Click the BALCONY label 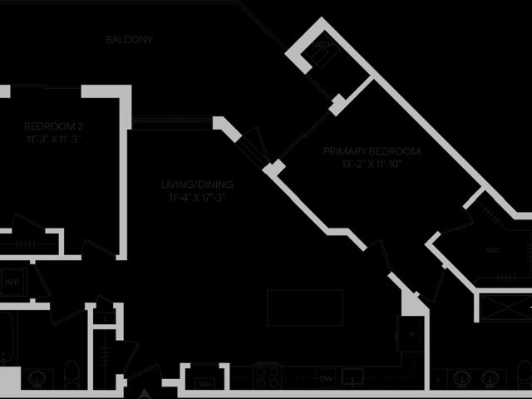(x=129, y=40)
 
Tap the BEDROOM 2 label (x=53, y=126)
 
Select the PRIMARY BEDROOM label (x=371, y=152)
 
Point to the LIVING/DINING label (x=197, y=185)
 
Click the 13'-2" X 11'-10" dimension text (x=371, y=164)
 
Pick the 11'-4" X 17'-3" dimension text (x=197, y=198)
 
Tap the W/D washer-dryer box (x=13, y=283)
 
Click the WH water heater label (x=204, y=383)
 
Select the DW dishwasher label (x=327, y=380)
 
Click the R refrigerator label (x=411, y=335)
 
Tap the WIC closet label (x=492, y=250)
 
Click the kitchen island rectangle (x=304, y=308)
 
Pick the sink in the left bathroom (x=37, y=378)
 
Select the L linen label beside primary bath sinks (x=438, y=380)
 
